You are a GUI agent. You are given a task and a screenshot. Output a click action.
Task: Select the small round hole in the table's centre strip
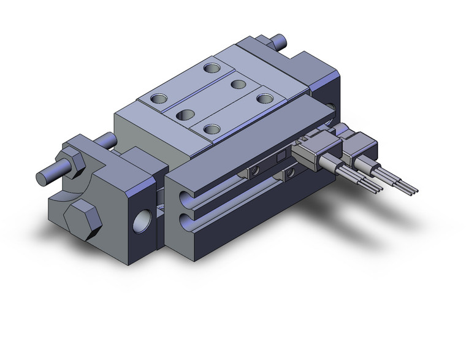click(x=238, y=83)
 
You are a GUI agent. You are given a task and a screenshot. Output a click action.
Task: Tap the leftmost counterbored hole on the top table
click(x=158, y=98)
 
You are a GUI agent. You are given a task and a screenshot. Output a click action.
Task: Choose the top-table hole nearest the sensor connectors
click(x=265, y=98)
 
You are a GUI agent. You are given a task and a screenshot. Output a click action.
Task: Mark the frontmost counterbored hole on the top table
click(x=212, y=129)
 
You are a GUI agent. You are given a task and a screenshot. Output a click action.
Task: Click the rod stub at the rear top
click(x=281, y=42)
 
